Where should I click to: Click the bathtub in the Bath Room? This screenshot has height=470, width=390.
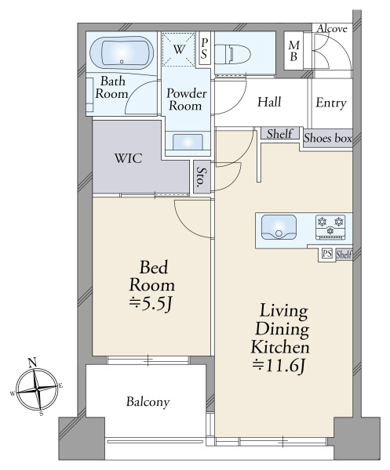pos(122,53)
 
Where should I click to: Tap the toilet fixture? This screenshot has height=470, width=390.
pos(233,54)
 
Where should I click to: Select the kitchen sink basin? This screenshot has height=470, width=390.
pos(279,227)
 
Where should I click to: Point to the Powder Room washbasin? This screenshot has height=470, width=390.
pos(188,142)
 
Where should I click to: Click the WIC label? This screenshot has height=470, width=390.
pos(128,158)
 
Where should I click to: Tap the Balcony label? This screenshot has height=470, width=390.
pos(148,402)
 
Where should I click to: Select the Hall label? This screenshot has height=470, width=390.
pos(269,102)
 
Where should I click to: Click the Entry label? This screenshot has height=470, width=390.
pos(331,103)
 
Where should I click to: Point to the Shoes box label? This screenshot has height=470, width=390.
pos(327,138)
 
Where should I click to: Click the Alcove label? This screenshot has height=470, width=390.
pos(332,29)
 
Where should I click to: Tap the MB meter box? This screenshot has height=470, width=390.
pos(293,51)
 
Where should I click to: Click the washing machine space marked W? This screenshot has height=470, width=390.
pos(178,49)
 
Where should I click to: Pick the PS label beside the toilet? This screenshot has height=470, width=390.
pos(204,49)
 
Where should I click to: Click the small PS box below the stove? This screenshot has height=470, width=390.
pos(327,254)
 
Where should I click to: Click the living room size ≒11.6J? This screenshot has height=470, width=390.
pos(279,366)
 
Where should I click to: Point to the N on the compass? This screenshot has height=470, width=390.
pos(32,363)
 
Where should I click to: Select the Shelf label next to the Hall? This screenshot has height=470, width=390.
pos(280,134)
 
